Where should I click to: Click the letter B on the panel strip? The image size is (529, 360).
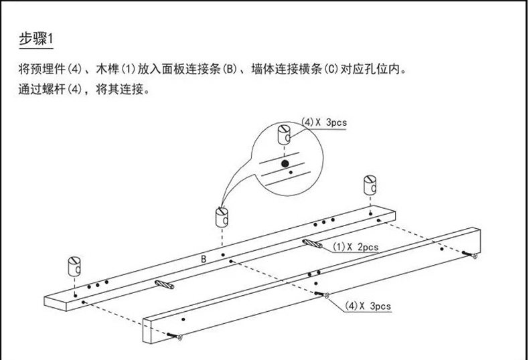coord(204,258)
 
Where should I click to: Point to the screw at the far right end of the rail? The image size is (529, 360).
coord(473,255)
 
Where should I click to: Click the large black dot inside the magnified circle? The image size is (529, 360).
coord(285,163)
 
